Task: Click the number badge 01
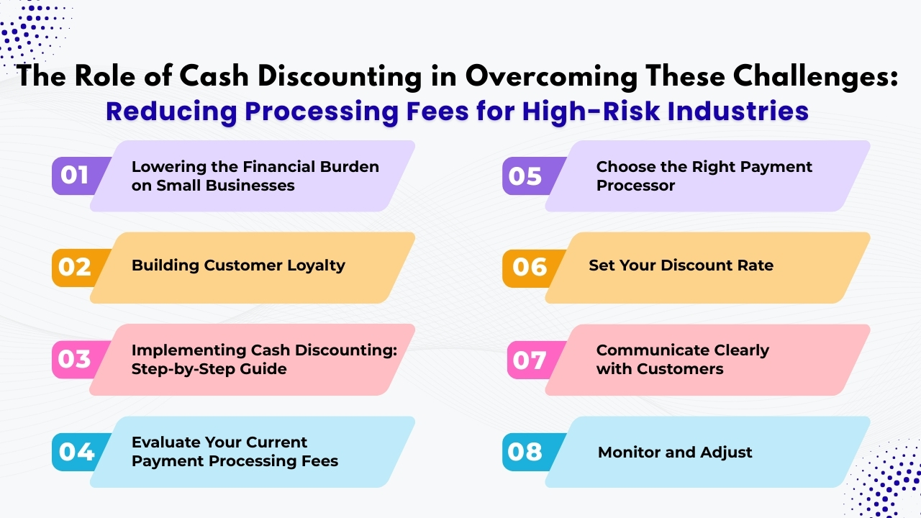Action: pyautogui.click(x=75, y=176)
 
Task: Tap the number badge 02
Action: pyautogui.click(x=75, y=267)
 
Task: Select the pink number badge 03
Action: pyautogui.click(x=75, y=359)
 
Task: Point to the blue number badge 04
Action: pyautogui.click(x=76, y=451)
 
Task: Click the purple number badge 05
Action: pyautogui.click(x=525, y=176)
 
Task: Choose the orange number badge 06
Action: pyautogui.click(x=530, y=267)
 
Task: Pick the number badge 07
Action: pyautogui.click(x=530, y=359)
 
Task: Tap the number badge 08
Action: pyautogui.click(x=525, y=451)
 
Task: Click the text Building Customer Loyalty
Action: pyautogui.click(x=238, y=265)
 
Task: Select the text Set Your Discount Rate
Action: pyautogui.click(x=681, y=265)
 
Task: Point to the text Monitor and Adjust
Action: pyautogui.click(x=675, y=453)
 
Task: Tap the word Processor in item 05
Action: pyautogui.click(x=635, y=186)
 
